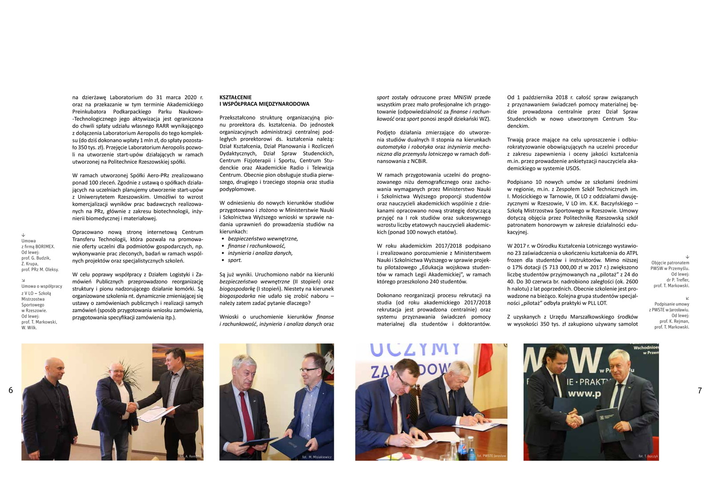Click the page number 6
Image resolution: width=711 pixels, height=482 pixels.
point(11,390)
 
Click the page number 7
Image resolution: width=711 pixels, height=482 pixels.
point(699,390)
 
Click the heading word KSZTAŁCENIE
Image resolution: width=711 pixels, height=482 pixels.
point(236,97)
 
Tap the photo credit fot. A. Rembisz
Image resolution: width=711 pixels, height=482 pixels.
point(190,456)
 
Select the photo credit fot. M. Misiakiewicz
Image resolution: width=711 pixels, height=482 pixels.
point(317,457)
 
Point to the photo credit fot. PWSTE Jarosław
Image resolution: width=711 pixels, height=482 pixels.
point(491,456)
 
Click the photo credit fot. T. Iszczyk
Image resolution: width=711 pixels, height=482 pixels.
point(648,456)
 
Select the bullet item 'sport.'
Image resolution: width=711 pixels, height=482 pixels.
point(235,260)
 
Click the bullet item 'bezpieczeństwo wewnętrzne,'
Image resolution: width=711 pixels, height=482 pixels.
point(263,239)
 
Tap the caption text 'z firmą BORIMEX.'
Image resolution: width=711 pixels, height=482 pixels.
point(38,247)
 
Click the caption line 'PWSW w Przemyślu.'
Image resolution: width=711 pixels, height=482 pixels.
point(670,268)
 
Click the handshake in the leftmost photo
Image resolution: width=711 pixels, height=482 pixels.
point(132,406)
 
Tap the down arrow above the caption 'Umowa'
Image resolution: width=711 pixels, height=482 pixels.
point(23,235)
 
